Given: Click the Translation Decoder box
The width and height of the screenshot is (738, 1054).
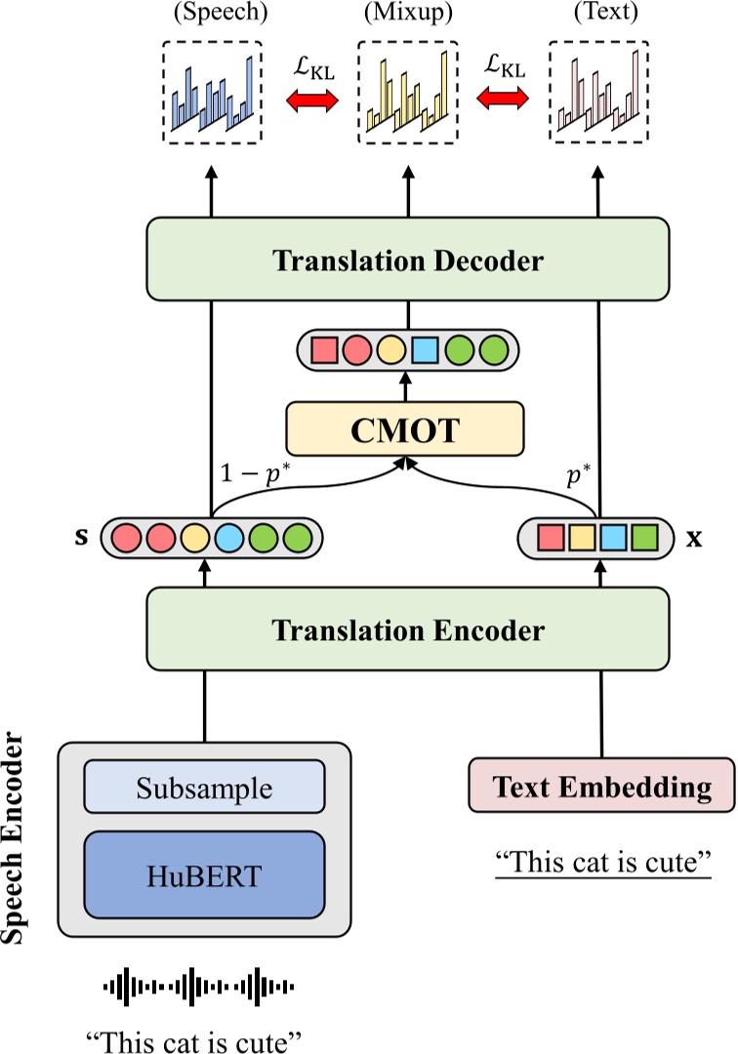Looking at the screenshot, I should click(408, 260).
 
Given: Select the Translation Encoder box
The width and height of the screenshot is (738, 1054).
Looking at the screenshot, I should click(408, 629).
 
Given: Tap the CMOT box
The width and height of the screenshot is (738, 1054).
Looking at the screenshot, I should click(405, 430).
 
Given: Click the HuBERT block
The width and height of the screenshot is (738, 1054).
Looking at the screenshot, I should click(204, 875).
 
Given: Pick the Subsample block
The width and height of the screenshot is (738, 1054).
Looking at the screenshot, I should click(204, 787).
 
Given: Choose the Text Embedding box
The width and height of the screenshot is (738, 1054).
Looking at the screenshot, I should click(601, 787).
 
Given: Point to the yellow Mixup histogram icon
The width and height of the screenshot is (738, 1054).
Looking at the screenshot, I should click(407, 93).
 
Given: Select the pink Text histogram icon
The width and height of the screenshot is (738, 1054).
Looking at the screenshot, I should click(599, 93).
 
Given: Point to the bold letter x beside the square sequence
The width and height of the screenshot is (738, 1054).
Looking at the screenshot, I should click(694, 537).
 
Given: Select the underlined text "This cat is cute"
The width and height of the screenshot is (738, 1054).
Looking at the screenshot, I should click(601, 863).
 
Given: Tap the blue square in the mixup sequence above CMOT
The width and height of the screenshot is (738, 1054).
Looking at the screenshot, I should click(424, 348).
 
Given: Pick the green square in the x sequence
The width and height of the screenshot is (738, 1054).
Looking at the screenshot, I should click(643, 537).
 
